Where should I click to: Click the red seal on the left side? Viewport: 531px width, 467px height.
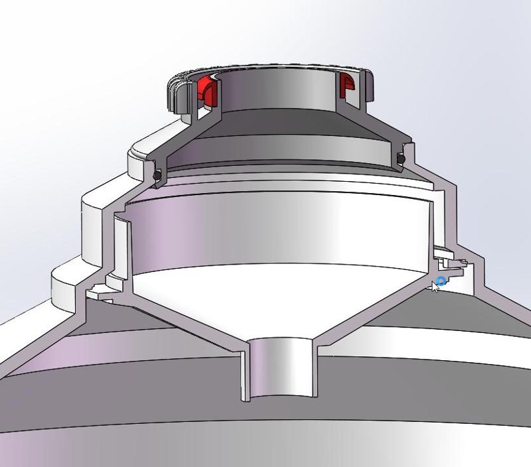(x=206, y=92)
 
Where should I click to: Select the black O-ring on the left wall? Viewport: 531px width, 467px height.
(x=157, y=174)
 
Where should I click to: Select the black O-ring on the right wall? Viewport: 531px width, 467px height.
(x=401, y=159)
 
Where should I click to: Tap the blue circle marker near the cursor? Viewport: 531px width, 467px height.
(x=441, y=281)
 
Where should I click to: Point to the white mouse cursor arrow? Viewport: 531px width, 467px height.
(x=435, y=286)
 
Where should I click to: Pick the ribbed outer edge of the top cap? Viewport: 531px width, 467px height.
(x=173, y=94)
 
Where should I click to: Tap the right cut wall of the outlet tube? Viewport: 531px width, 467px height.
(x=315, y=371)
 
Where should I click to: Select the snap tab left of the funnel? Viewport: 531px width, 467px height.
(x=100, y=289)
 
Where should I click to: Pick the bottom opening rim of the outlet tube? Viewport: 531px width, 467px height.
(x=279, y=398)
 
